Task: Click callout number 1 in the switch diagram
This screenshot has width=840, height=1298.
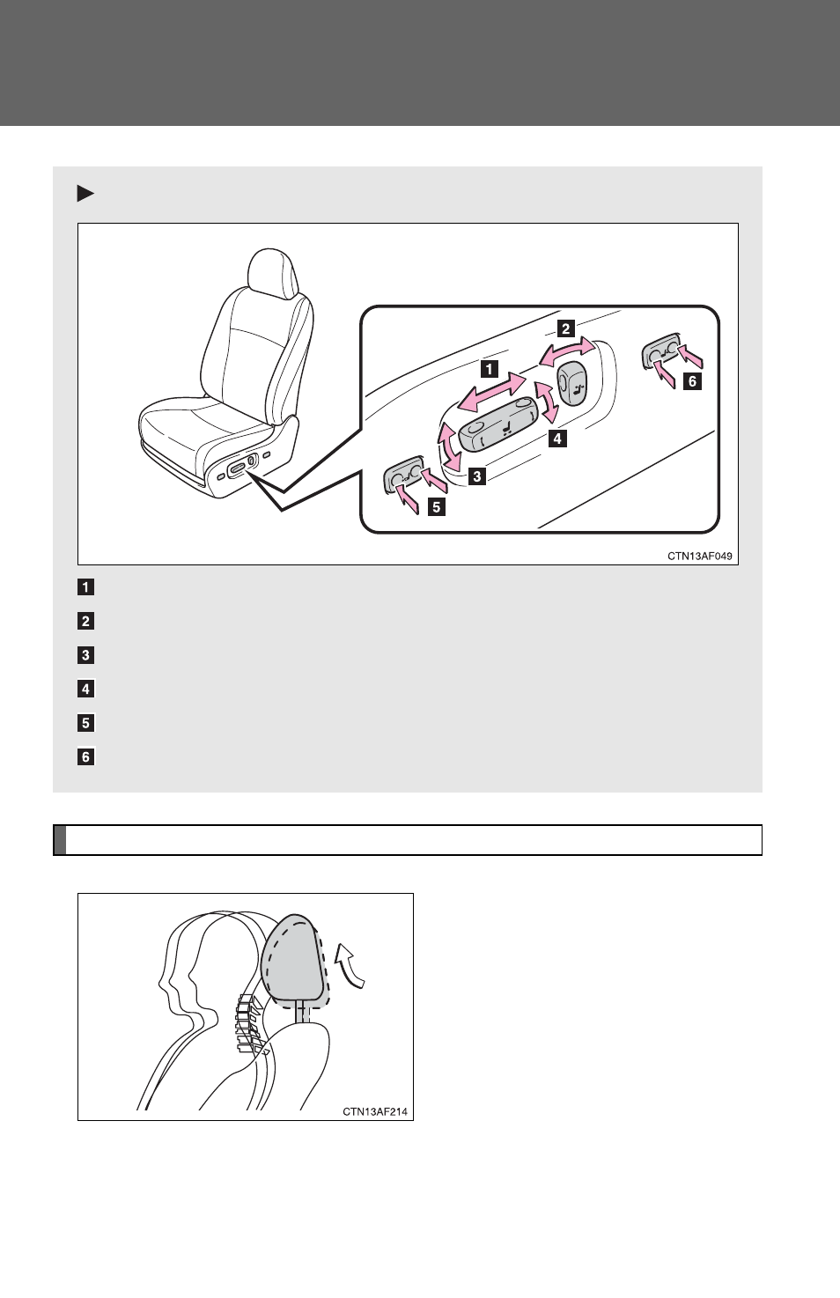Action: coord(490,369)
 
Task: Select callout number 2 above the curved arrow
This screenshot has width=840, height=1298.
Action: coord(565,328)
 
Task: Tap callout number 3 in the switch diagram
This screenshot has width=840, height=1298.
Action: coord(476,476)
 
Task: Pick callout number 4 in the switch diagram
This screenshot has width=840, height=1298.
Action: coord(557,439)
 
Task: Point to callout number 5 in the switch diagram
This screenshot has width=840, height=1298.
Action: coord(436,507)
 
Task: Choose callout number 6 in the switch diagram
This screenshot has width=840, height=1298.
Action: coord(692,382)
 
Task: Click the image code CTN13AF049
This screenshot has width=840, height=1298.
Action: coord(700,556)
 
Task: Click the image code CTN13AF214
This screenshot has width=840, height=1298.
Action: coord(375,1111)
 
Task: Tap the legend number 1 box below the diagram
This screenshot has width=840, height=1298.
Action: coord(85,587)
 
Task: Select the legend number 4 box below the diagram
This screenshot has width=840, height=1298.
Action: coord(85,689)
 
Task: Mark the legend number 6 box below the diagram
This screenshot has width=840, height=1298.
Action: coord(85,756)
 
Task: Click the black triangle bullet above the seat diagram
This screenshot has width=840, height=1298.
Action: coord(85,194)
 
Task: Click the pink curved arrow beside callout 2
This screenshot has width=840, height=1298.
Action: coord(566,350)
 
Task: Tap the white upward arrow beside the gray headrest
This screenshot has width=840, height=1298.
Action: coord(351,966)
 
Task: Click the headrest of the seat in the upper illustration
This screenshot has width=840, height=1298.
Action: coord(273,271)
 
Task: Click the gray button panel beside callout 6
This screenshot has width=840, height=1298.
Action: coord(661,351)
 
